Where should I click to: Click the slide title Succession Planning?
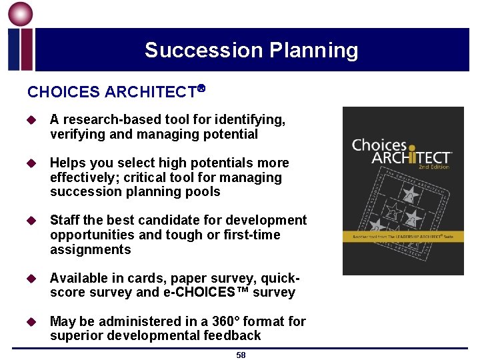point(251,50)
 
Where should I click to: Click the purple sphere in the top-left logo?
point(20,14)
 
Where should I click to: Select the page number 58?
point(241,355)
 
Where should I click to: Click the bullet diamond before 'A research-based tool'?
point(31,120)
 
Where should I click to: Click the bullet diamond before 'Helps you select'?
point(31,163)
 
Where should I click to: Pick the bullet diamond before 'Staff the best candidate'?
point(31,221)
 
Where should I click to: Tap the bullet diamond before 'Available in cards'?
point(31,279)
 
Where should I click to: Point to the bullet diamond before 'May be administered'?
point(31,322)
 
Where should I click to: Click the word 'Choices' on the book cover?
point(379,145)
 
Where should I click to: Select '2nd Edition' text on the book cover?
point(434,167)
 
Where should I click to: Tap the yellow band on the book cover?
point(403,236)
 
